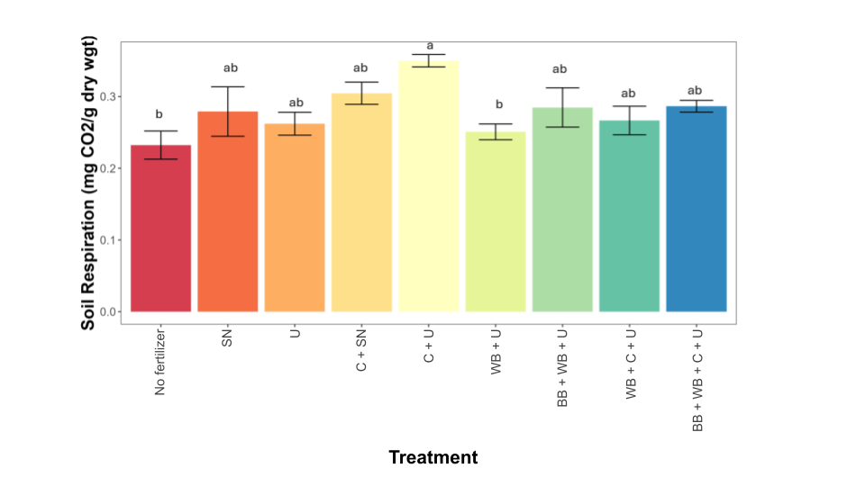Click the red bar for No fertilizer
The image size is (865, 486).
click(160, 234)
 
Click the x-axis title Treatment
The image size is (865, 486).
click(433, 457)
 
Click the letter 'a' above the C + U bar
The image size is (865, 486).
click(430, 45)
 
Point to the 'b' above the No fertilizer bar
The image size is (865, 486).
click(159, 114)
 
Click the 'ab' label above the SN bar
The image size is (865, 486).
click(230, 67)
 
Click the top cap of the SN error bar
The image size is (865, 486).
click(227, 86)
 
